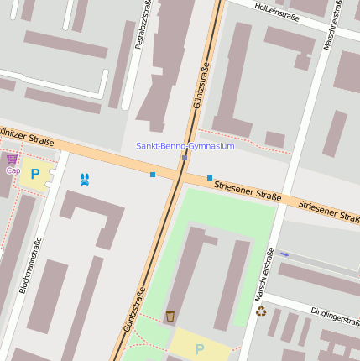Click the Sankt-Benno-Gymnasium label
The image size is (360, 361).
pyautogui.click(x=185, y=146)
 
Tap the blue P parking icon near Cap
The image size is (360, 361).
pyautogui.click(x=34, y=174)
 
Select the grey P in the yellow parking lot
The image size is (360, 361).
pyautogui.click(x=199, y=348)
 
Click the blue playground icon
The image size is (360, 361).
pyautogui.click(x=84, y=179)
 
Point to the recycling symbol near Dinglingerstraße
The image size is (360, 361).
pyautogui.click(x=261, y=311)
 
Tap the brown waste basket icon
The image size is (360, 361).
pyautogui.click(x=170, y=317)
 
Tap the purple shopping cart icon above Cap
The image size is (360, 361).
pyautogui.click(x=11, y=159)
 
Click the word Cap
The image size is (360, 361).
pyautogui.click(x=13, y=170)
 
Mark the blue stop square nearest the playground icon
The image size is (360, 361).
pyautogui.click(x=153, y=175)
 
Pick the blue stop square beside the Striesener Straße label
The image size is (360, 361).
pyautogui.click(x=209, y=178)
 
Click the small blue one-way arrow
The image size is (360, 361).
pyautogui.click(x=284, y=254)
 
